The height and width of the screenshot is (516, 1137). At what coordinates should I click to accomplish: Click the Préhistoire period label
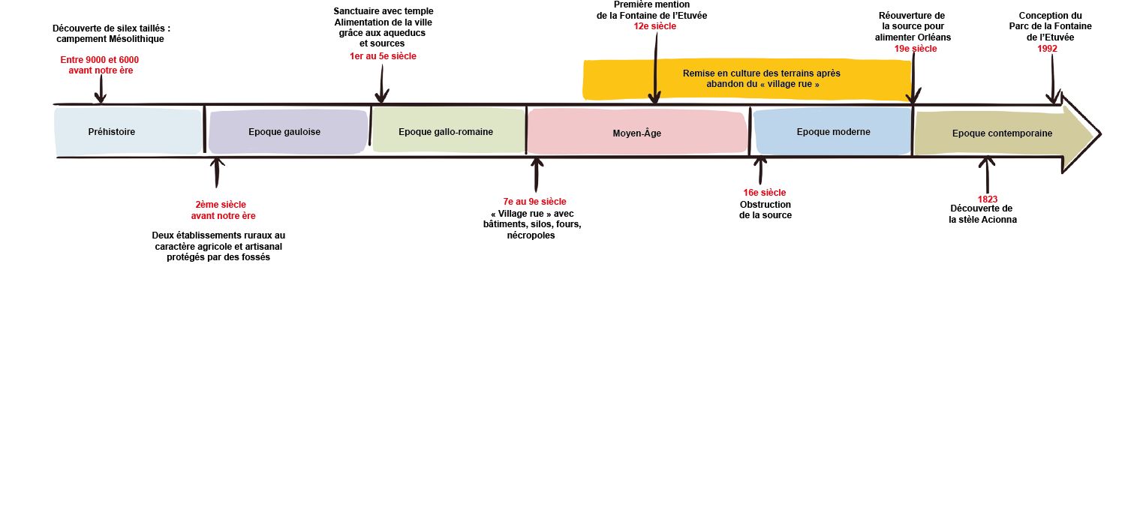(112, 132)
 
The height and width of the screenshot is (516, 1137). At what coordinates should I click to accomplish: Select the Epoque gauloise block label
(284, 132)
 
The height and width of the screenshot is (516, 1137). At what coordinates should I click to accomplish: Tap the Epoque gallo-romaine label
(446, 132)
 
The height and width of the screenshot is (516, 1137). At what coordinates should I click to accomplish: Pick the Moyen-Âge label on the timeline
(636, 133)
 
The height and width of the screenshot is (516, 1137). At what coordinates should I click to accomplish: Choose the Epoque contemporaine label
(1002, 133)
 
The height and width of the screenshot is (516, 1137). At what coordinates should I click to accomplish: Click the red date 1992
(1047, 49)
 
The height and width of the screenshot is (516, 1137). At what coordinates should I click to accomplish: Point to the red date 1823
(988, 199)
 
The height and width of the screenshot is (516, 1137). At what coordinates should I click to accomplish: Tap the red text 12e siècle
(654, 26)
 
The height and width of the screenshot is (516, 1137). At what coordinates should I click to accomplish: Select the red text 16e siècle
(765, 193)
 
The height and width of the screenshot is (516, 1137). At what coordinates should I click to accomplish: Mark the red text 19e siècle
(915, 49)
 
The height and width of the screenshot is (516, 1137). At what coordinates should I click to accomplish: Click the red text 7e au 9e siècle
(534, 202)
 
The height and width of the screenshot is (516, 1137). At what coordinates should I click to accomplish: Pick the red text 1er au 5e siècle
(383, 56)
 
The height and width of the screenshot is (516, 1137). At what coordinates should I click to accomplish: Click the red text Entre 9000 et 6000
(100, 59)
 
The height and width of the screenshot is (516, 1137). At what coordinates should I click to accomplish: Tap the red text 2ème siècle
(221, 204)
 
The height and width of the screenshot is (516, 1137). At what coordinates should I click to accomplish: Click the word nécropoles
(531, 235)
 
